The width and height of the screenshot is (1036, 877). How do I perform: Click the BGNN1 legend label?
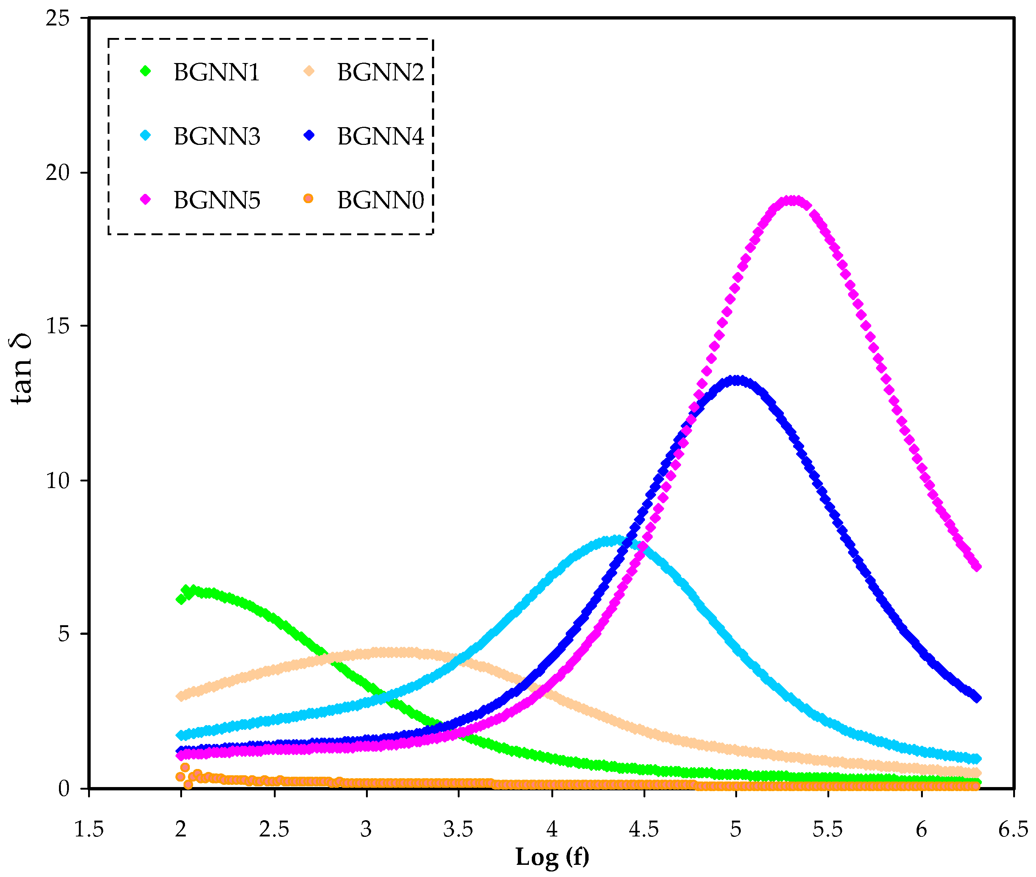tap(216, 72)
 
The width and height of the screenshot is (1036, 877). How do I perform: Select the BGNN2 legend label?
tap(380, 72)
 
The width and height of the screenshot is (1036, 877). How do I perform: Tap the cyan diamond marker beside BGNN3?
tap(146, 135)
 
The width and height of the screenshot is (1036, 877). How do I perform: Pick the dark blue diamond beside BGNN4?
tap(309, 135)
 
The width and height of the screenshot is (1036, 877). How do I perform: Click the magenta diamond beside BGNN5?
tap(145, 199)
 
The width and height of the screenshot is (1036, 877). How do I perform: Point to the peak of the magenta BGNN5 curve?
tap(792, 201)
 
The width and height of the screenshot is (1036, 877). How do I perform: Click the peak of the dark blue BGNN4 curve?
tap(737, 381)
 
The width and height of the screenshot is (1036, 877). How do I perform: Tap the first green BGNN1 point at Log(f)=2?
tap(181, 599)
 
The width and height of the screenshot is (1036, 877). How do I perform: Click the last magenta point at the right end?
tap(976, 566)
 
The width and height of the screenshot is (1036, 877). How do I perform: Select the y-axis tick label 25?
tap(57, 19)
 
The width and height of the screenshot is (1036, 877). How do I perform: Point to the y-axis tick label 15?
tap(57, 326)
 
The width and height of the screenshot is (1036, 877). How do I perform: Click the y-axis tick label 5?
tap(64, 634)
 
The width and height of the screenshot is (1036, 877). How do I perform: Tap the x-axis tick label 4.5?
tap(644, 829)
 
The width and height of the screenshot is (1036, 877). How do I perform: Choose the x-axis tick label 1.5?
tap(88, 829)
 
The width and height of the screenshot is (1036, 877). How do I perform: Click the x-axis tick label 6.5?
tap(1013, 829)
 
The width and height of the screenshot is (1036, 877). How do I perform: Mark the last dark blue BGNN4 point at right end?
tap(976, 697)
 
